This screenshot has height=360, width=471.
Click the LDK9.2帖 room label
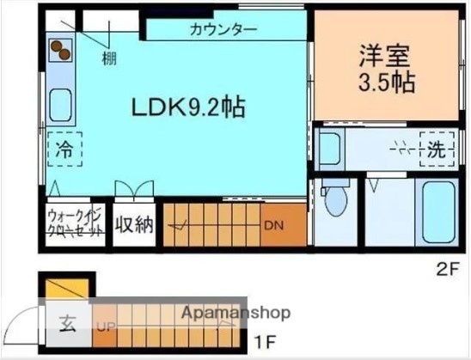click(188, 107)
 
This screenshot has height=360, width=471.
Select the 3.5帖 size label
click(386, 82)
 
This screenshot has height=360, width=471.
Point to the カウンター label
click(223, 29)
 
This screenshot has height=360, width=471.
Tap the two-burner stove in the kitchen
click(59, 52)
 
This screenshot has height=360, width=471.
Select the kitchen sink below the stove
click(61, 107)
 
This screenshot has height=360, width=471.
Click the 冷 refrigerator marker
click(63, 149)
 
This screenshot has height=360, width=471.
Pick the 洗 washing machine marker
click(437, 148)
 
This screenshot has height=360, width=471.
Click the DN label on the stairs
click(274, 226)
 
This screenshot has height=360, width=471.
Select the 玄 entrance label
click(67, 325)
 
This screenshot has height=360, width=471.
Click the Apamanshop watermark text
click(235, 313)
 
